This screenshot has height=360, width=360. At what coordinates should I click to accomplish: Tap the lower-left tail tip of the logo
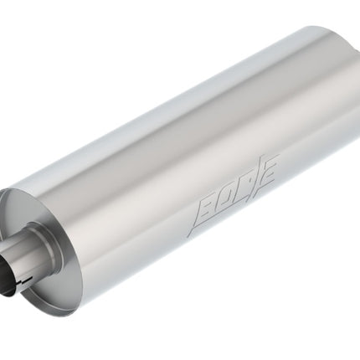(x=188, y=236)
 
